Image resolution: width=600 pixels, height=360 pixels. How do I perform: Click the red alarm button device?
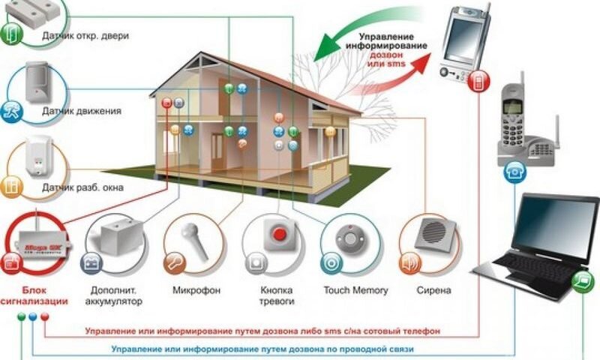click(279, 235)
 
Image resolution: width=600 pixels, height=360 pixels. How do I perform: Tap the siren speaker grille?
click(433, 233)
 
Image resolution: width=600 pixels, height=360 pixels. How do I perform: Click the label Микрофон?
click(191, 289)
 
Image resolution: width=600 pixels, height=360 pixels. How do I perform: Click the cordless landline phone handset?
click(513, 120)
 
